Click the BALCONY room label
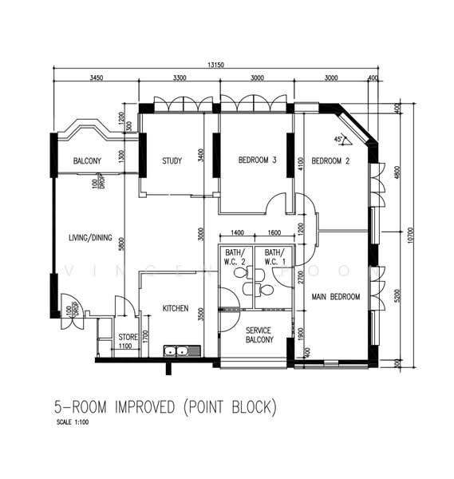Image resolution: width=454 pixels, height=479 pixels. coord(87,161)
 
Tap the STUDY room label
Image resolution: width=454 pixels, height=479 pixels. coord(172,161)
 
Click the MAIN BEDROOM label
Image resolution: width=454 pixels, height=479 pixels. coord(335,297)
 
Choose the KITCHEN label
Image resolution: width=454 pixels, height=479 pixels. coord(176,308)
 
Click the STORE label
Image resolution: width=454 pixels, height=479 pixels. coord(128,337)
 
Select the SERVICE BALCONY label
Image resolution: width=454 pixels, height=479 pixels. coord(259,335)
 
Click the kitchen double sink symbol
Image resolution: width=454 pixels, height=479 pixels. coord(176,350)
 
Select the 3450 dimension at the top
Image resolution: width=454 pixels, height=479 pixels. coord(97,79)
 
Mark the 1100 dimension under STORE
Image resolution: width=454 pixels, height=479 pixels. coord(125,346)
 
